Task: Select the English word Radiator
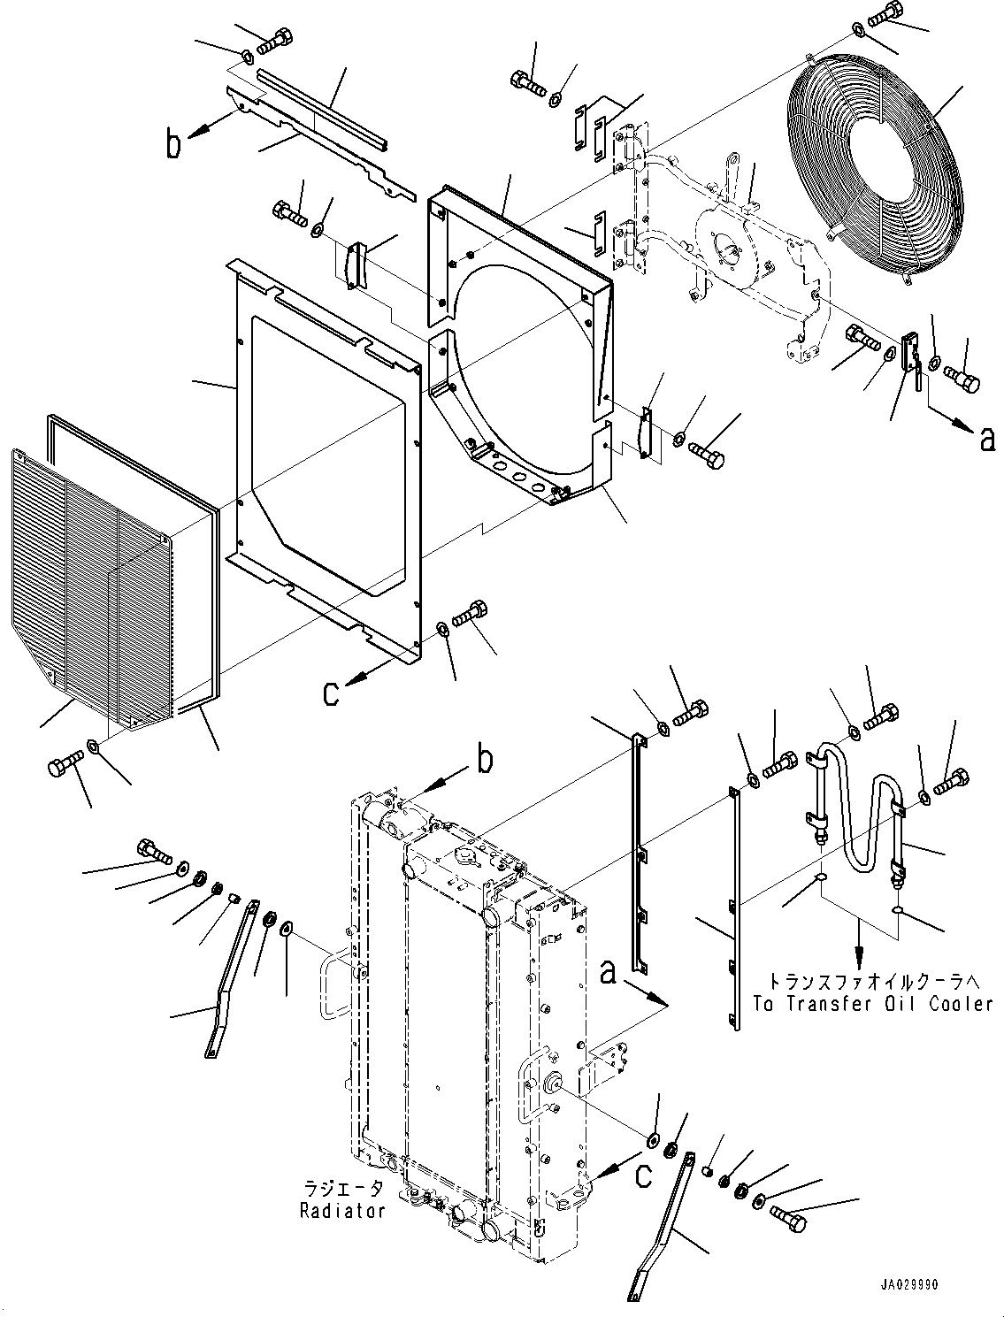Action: click(x=341, y=1211)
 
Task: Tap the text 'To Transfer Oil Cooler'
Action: click(x=873, y=1004)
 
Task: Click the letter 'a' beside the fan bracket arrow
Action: click(x=987, y=438)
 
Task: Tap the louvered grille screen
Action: click(x=88, y=584)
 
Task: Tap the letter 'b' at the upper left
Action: click(x=175, y=143)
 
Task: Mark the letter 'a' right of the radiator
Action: click(x=608, y=974)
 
